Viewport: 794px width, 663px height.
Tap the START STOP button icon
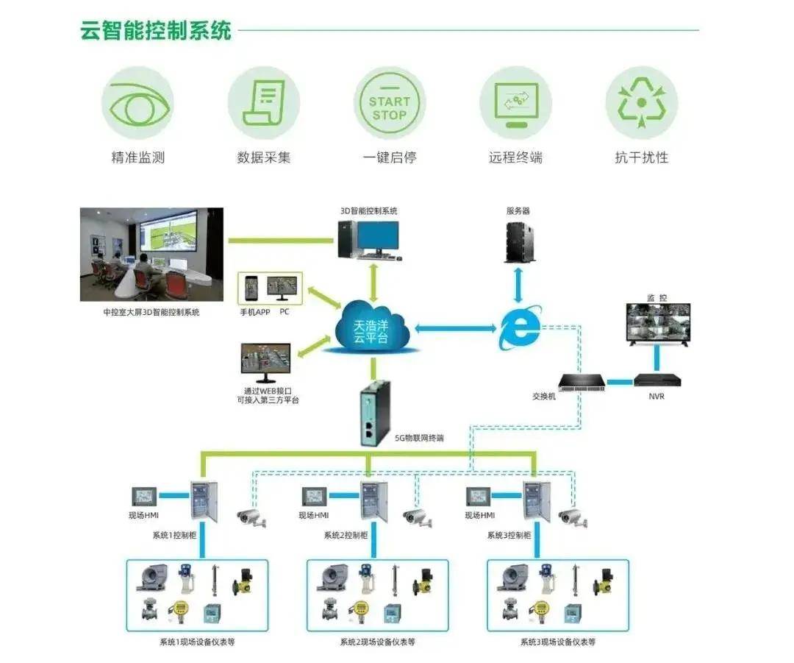(390, 103)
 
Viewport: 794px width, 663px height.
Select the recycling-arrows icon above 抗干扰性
(642, 103)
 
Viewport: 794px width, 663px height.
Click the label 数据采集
(264, 157)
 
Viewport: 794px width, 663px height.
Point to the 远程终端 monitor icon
(515, 103)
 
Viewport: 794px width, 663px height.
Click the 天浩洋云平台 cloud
(372, 328)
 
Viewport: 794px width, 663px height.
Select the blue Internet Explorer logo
(520, 327)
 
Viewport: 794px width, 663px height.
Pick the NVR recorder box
(657, 380)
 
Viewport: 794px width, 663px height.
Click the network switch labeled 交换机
(582, 382)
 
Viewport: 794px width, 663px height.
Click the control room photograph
(151, 255)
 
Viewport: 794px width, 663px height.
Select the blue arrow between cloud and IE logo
(456, 328)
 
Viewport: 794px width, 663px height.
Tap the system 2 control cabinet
(373, 501)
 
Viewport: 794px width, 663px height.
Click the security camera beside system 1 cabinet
(251, 518)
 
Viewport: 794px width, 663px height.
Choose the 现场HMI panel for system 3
(478, 497)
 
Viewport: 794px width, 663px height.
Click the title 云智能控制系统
(156, 30)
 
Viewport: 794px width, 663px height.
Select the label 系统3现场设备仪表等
(558, 642)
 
